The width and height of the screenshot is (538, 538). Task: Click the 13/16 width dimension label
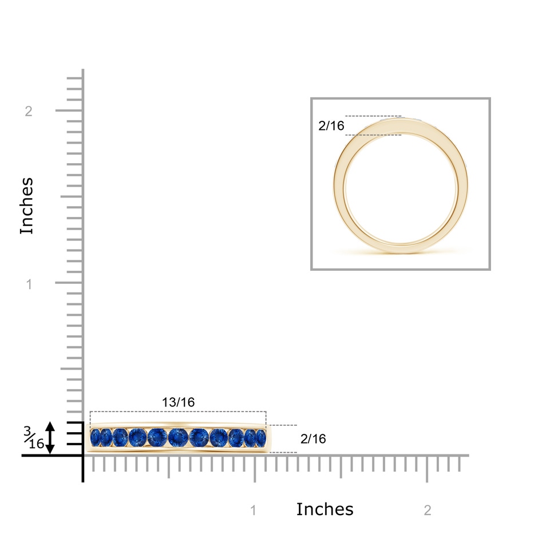pyautogui.click(x=178, y=402)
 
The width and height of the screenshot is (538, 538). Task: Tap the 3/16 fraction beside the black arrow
pyautogui.click(x=34, y=437)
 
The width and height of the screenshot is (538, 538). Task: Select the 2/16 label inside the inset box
pyautogui.click(x=331, y=126)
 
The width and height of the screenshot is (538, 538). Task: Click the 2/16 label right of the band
pyautogui.click(x=313, y=439)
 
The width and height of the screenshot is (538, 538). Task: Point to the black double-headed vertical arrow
pyautogui.click(x=50, y=438)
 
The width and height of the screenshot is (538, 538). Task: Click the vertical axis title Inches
pyautogui.click(x=27, y=206)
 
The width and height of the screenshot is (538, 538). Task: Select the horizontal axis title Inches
pyautogui.click(x=325, y=509)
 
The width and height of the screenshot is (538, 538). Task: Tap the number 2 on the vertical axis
pyautogui.click(x=29, y=111)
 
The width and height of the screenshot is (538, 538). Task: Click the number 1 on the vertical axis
pyautogui.click(x=29, y=284)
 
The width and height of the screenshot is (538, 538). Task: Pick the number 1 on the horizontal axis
pyautogui.click(x=253, y=511)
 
